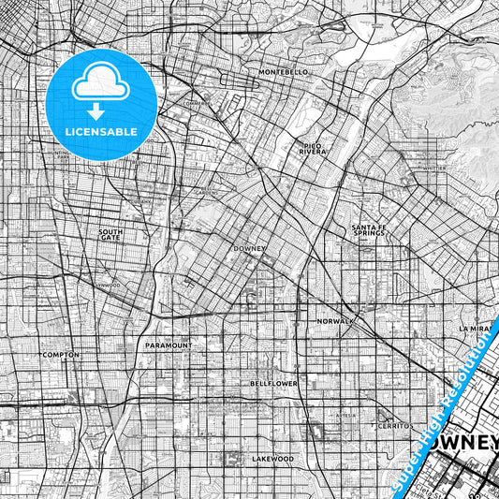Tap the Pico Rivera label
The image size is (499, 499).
pos(312,148)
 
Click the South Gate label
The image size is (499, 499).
pos(110,234)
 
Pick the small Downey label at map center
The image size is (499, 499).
pos(250,249)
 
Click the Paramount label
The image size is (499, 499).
pos(169,345)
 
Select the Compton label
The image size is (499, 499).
pos(61,356)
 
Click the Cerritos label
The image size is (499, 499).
pos(393,425)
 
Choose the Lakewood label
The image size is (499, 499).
pos(272,459)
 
